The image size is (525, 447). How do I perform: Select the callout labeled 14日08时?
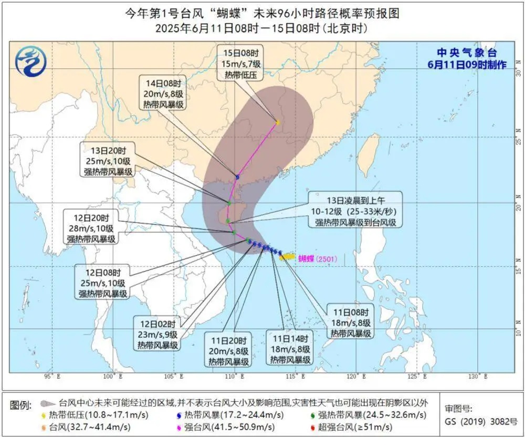coord(163,93)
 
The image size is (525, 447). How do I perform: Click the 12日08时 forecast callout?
coord(103,284)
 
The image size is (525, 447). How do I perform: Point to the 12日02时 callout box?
coord(158,334)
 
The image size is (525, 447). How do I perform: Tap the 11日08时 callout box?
coord(351,321)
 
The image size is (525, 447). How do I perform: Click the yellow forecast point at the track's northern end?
coord(277,122)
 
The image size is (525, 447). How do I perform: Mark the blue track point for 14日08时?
coord(237,177)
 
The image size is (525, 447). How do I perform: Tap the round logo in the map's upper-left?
coord(31,61)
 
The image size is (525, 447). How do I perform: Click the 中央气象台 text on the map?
coord(467,53)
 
